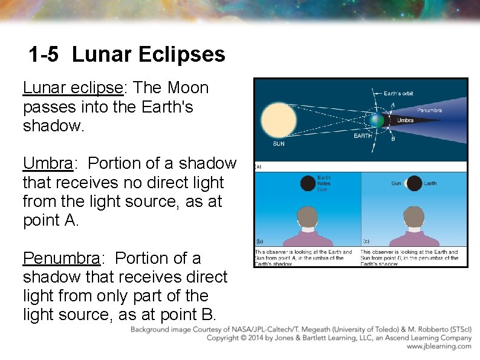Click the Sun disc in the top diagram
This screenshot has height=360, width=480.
click(x=279, y=120)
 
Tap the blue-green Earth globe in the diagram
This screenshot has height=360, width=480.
click(x=377, y=120)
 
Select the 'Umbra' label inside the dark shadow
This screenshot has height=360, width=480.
click(x=405, y=120)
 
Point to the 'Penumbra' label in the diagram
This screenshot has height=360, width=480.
click(x=429, y=110)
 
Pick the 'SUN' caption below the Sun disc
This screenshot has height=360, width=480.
click(x=279, y=144)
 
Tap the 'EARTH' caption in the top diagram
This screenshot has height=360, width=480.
click(x=363, y=136)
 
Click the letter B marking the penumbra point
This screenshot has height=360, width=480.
click(x=393, y=139)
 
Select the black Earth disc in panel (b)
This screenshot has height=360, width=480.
click(x=308, y=183)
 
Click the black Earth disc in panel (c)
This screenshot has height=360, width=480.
click(x=414, y=183)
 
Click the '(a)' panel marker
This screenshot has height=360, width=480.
click(x=258, y=166)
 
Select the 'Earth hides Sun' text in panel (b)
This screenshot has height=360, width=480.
click(x=324, y=183)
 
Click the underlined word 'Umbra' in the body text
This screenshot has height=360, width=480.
click(x=48, y=163)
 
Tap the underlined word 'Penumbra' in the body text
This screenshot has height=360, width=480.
click(x=60, y=258)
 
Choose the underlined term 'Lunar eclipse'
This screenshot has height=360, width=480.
click(x=73, y=88)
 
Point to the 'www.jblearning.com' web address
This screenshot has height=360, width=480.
click(x=439, y=347)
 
